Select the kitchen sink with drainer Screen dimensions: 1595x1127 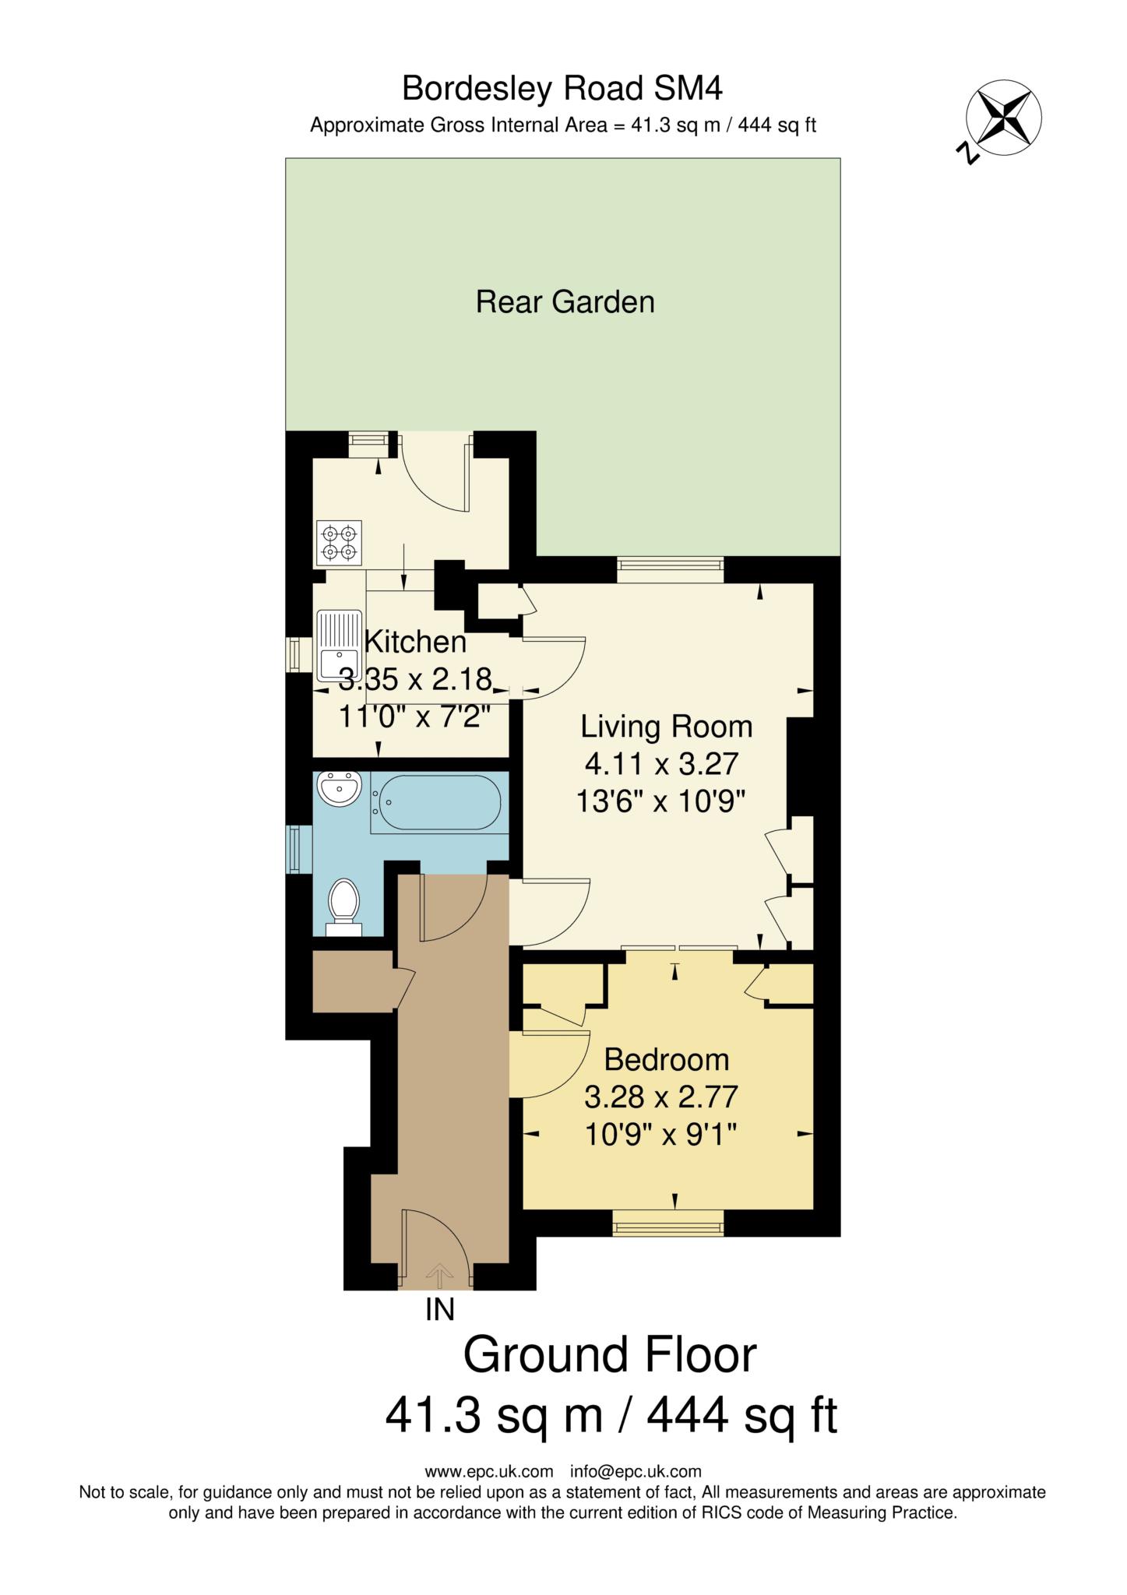(x=339, y=647)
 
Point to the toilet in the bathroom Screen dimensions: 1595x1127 (x=343, y=906)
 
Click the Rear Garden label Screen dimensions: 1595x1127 (x=565, y=301)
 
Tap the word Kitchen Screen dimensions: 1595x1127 (x=416, y=642)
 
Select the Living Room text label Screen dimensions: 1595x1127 (x=667, y=727)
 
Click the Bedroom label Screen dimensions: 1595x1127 (x=667, y=1060)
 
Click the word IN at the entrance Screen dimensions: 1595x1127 (x=440, y=1311)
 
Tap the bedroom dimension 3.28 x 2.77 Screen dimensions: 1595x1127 (x=661, y=1097)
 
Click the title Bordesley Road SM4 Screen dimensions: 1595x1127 (x=562, y=89)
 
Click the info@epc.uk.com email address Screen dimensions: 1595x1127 (x=636, y=1471)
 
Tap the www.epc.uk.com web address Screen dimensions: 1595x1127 (x=489, y=1471)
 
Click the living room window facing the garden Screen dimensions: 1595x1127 (x=671, y=569)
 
